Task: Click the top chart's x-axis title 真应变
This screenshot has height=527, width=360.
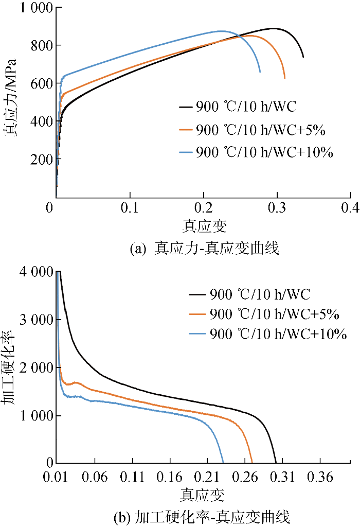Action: [x=204, y=225]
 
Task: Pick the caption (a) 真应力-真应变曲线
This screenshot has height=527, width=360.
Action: [x=204, y=249]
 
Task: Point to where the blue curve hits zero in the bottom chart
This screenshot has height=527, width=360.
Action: [x=223, y=463]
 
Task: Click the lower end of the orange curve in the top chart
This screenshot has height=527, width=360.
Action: [x=284, y=78]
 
